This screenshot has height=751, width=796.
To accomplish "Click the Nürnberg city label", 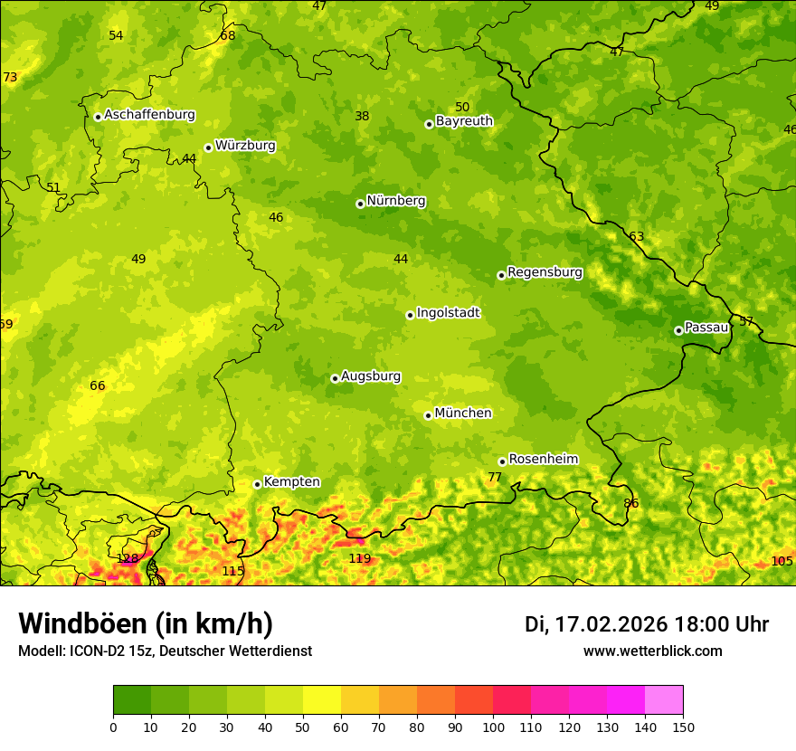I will pyautogui.click(x=395, y=201).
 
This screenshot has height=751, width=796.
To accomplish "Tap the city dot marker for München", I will pyautogui.click(x=429, y=415).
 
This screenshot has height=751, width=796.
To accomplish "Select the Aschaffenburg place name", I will pyautogui.click(x=149, y=115).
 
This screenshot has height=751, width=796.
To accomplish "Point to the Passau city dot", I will pyautogui.click(x=678, y=330).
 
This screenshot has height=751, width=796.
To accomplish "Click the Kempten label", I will pyautogui.click(x=291, y=482).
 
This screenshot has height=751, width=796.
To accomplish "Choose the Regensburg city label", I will pyautogui.click(x=545, y=272).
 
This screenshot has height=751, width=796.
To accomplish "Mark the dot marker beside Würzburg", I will pyautogui.click(x=208, y=147).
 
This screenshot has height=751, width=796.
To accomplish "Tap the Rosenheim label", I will pyautogui.click(x=543, y=460).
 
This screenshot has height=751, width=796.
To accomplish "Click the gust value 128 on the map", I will pyautogui.click(x=128, y=558).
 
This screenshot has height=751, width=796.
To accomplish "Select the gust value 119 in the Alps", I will pyautogui.click(x=360, y=558).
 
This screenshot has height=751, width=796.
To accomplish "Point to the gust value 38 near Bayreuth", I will pyautogui.click(x=362, y=116).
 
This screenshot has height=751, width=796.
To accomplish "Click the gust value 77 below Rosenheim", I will pyautogui.click(x=495, y=477).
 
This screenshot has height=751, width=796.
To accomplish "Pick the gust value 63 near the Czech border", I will pyautogui.click(x=637, y=236).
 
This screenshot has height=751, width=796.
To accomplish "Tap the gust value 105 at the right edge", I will pyautogui.click(x=782, y=561).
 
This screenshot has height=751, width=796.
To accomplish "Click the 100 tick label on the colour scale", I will pyautogui.click(x=493, y=727).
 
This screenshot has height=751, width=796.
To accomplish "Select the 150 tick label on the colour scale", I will pyautogui.click(x=683, y=727).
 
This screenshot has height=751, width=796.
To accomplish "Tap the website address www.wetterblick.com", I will pyautogui.click(x=652, y=651).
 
